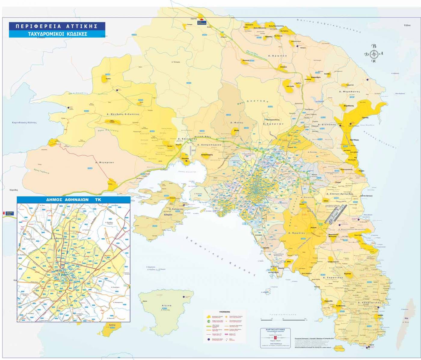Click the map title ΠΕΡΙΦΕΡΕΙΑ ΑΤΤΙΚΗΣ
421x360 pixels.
tap(57, 26)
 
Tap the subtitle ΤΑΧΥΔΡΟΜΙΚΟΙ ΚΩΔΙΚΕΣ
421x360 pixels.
tap(57, 34)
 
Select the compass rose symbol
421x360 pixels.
tap(374, 54)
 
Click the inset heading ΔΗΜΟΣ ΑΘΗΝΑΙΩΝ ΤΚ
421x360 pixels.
tap(73, 200)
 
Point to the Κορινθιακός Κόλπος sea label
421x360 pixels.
tap(24, 123)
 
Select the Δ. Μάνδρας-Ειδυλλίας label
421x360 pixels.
tap(123, 114)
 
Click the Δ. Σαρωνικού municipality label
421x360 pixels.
tap(333, 278)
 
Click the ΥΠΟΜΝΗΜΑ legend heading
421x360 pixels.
tap(224, 312)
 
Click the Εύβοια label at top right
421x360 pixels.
tap(407, 25)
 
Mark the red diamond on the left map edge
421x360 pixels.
tap(4, 213)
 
